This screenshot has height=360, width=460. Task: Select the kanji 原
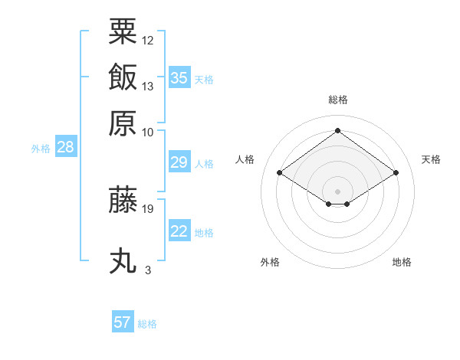click(123, 123)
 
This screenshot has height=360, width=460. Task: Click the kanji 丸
click(123, 260)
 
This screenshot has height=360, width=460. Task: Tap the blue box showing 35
click(179, 77)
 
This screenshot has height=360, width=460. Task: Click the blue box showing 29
click(179, 162)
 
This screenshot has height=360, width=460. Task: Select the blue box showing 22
click(179, 231)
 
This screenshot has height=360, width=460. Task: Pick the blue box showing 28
click(65, 148)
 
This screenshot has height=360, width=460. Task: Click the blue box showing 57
click(123, 322)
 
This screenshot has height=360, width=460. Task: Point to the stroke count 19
click(148, 208)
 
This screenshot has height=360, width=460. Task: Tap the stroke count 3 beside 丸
click(148, 270)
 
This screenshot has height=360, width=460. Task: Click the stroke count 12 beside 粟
click(148, 40)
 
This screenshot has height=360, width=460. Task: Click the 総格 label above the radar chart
click(338, 100)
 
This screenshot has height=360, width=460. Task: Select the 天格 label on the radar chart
click(431, 159)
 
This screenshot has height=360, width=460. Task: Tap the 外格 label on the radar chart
click(270, 262)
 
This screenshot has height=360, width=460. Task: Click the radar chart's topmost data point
click(337, 130)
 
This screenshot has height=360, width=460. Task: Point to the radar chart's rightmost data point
click(396, 173)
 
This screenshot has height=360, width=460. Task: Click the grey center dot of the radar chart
click(337, 191)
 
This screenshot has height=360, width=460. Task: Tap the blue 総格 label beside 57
click(147, 324)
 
